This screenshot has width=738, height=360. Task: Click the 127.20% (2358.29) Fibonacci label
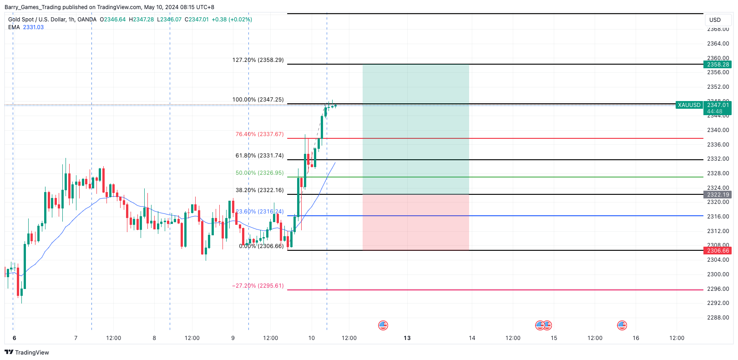pyautogui.click(x=258, y=60)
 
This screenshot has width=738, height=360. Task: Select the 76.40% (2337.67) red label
pyautogui.click(x=259, y=134)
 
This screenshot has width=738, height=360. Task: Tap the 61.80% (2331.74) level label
pyautogui.click(x=259, y=156)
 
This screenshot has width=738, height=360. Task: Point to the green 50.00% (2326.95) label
pyautogui.click(x=259, y=173)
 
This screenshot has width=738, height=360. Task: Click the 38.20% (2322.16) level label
pyautogui.click(x=259, y=190)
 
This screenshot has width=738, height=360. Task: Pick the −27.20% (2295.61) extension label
pyautogui.click(x=258, y=286)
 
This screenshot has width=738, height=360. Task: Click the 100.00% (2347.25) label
pyautogui.click(x=258, y=100)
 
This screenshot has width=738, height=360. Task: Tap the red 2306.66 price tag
pyautogui.click(x=718, y=251)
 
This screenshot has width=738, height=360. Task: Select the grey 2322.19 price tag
pyautogui.click(x=718, y=195)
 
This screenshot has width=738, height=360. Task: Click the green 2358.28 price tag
pyautogui.click(x=718, y=65)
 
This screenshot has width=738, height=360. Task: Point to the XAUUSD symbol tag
pyautogui.click(x=689, y=105)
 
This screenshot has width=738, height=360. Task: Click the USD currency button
pyautogui.click(x=715, y=20)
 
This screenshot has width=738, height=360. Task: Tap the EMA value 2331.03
pyautogui.click(x=33, y=27)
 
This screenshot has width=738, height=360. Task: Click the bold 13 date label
pyautogui.click(x=407, y=338)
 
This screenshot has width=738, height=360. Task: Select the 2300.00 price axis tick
pyautogui.click(x=718, y=274)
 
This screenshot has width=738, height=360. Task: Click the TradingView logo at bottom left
pyautogui.click(x=27, y=352)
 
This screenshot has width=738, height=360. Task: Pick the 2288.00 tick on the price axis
pyautogui.click(x=718, y=318)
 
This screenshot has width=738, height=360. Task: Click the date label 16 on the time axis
pyautogui.click(x=636, y=338)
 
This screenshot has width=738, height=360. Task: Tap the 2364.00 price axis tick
pyautogui.click(x=718, y=44)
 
